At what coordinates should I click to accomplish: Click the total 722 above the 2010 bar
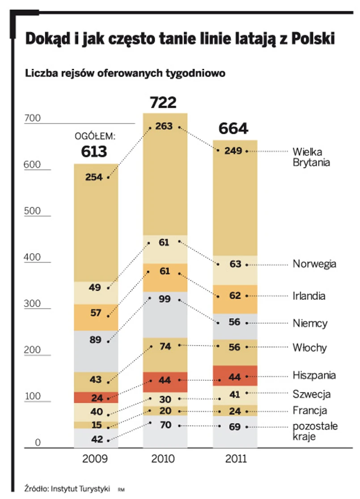pyautogui.click(x=163, y=103)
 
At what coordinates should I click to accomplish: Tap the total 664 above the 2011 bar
pyautogui.click(x=233, y=129)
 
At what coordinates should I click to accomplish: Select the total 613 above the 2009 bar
pyautogui.click(x=94, y=152)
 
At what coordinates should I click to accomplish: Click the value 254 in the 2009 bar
pyautogui.click(x=94, y=177)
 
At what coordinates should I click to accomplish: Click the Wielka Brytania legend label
pyautogui.click(x=311, y=157)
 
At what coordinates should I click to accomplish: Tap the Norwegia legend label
pyautogui.click(x=314, y=264)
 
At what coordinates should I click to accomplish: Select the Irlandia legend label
pyautogui.click(x=309, y=296)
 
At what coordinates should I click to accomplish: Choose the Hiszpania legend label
pyautogui.click(x=314, y=375)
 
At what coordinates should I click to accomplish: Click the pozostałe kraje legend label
pyautogui.click(x=315, y=431)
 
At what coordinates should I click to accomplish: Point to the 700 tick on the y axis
pyautogui.click(x=32, y=119)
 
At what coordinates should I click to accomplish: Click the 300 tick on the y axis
pyautogui.click(x=32, y=304)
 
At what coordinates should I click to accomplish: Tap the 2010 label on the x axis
pyautogui.click(x=164, y=459)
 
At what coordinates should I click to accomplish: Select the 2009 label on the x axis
pyautogui.click(x=95, y=459)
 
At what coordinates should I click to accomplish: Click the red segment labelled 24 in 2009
pyautogui.click(x=96, y=397)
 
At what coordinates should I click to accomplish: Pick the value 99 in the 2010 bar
pyautogui.click(x=165, y=299)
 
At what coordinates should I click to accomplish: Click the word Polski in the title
pyautogui.click(x=313, y=39)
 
